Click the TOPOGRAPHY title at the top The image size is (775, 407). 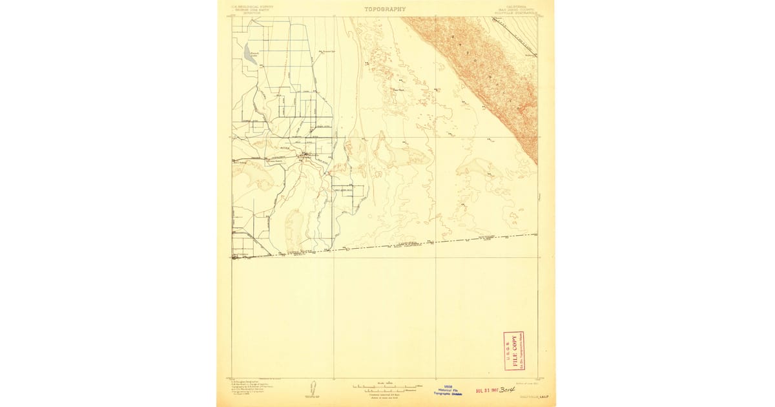[385, 9]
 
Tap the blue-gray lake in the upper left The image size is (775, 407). [249, 52]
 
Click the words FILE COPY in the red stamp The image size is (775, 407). [514, 351]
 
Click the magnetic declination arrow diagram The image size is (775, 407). [313, 389]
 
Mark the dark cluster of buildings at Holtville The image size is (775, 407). [304, 154]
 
